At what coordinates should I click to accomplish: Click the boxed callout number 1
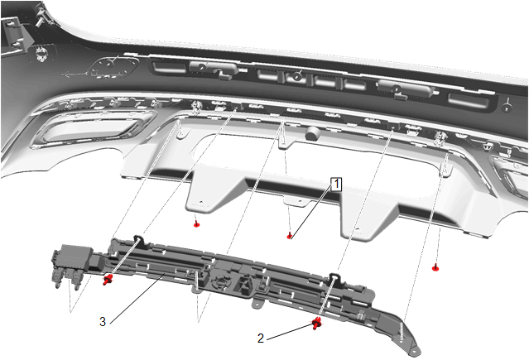[x=336, y=185]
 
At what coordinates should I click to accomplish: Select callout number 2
[x=261, y=338]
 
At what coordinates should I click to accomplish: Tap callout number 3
[x=103, y=322]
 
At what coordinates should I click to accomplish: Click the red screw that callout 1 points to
[x=290, y=236]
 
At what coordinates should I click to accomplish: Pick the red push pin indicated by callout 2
[x=316, y=324]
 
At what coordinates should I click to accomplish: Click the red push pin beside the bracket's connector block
[x=108, y=280]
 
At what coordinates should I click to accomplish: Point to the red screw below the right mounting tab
[x=435, y=267]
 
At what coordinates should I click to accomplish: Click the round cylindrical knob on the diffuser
[x=312, y=133]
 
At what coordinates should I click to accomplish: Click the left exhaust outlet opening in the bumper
[x=94, y=130]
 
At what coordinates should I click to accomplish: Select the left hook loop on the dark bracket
[x=140, y=239]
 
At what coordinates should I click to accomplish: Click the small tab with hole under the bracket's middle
[x=257, y=302]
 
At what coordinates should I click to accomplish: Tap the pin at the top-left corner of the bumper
[x=41, y=17]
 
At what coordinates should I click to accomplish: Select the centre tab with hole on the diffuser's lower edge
[x=297, y=201]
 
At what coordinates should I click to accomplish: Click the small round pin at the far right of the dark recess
[x=507, y=107]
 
